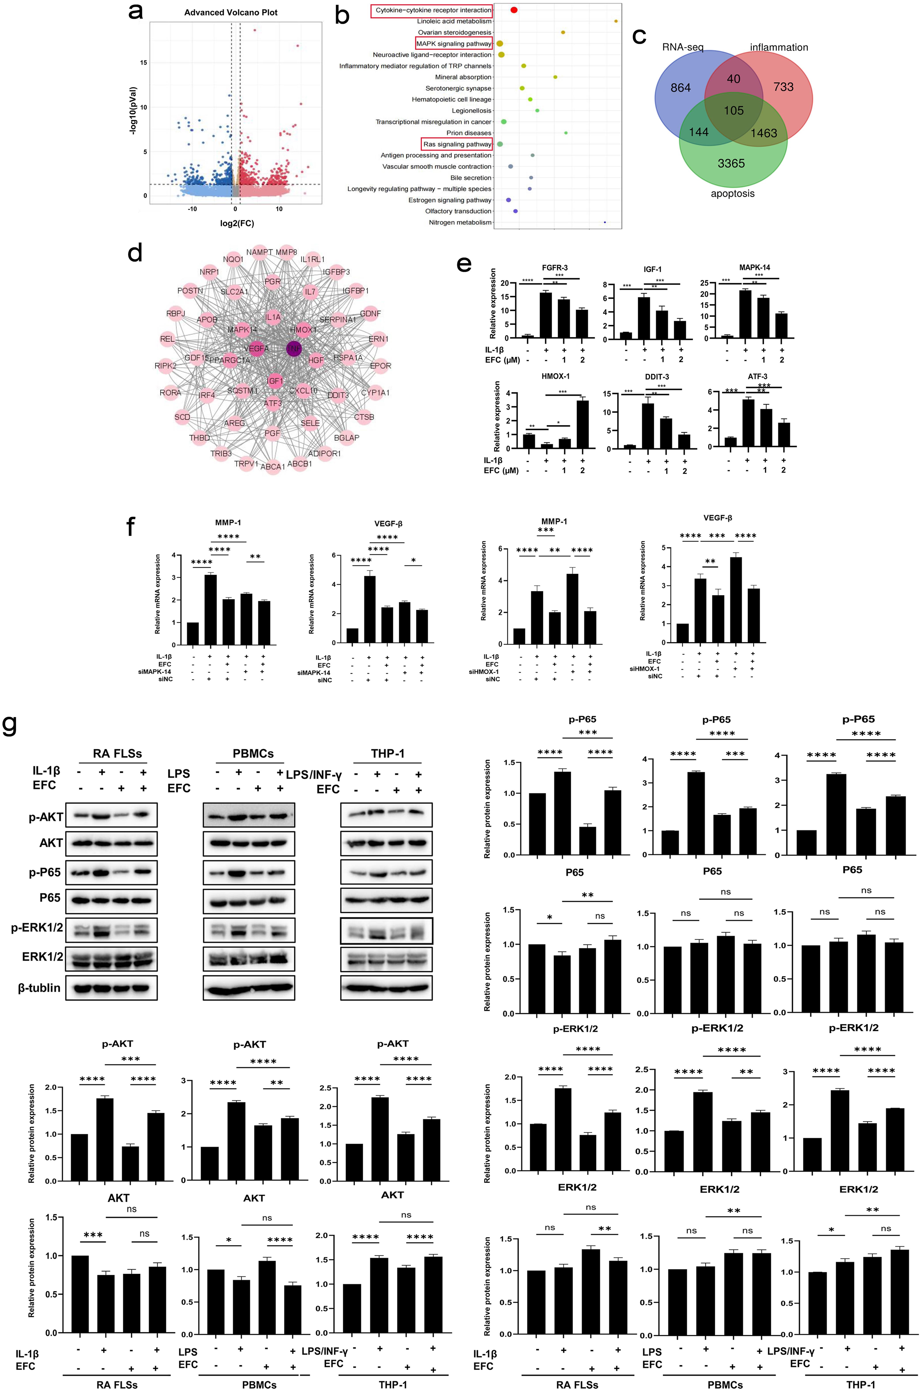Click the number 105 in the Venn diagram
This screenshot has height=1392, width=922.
coord(733,111)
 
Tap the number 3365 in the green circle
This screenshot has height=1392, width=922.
coord(731,164)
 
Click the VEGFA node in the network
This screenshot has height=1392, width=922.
coord(256,348)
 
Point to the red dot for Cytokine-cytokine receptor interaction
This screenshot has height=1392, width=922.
coord(514,10)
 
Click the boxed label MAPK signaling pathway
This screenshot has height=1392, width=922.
coord(453,43)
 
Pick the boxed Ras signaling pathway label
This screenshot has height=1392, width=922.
coord(457,144)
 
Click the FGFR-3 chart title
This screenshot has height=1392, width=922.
coord(554,268)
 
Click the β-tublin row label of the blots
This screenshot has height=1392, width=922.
coord(39,987)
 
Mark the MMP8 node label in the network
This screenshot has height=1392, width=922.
coord(286,252)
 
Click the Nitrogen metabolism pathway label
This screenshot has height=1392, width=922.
coord(460,222)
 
